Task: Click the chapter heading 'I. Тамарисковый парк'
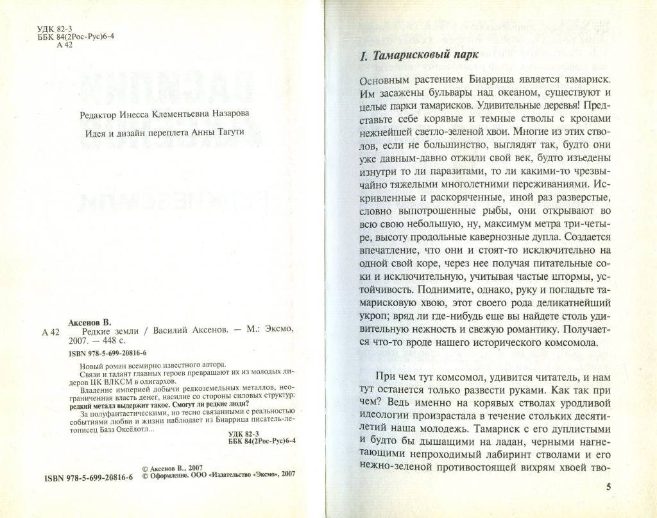tap(419, 56)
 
